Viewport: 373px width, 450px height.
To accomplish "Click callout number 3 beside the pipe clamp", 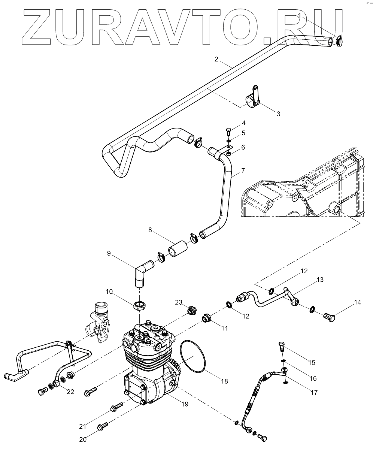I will point(278,114).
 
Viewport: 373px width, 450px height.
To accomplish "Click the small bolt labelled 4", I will point(228,131).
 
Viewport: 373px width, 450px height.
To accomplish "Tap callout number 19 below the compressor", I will point(185,404).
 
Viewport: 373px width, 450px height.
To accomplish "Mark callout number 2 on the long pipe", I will point(216,59).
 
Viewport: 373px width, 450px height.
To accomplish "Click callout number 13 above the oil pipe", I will point(319,280).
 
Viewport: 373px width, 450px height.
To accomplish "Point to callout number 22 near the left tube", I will point(70,392).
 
